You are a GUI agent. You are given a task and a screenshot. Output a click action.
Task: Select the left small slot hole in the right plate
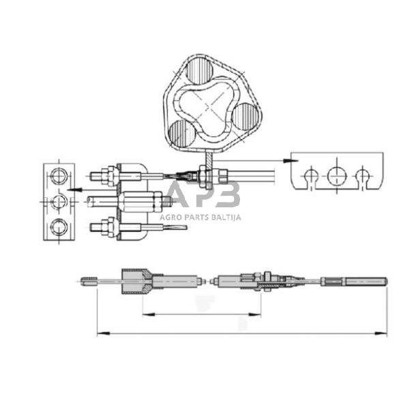[310, 177]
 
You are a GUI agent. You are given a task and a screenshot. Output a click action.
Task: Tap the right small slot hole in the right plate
[361, 177]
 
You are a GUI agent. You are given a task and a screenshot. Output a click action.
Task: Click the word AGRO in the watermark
[170, 218]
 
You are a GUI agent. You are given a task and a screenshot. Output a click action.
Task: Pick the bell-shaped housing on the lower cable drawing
[134, 279]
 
